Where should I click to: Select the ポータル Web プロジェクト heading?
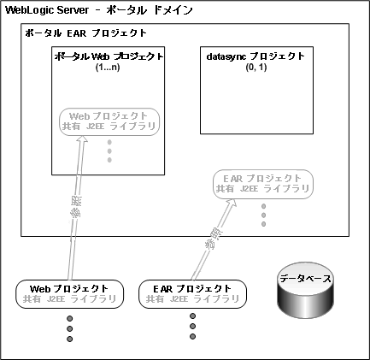pos(109,56)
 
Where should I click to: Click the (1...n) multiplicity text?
pos(109,67)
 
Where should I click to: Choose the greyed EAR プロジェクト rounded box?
pos(263,182)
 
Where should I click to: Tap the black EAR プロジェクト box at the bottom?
pos(191,293)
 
